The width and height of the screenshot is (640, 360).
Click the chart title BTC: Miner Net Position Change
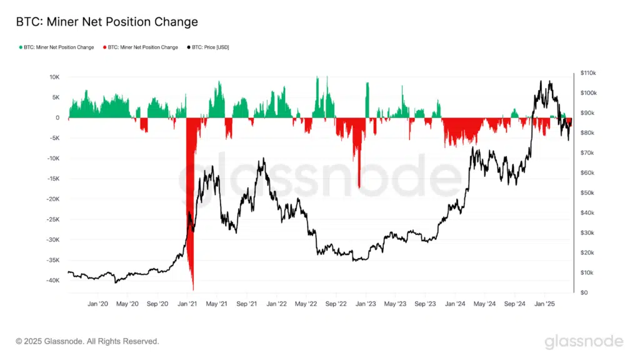pos(107,22)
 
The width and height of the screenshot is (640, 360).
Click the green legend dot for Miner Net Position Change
pos(21,47)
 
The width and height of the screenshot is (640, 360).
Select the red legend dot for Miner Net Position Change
pos(104,47)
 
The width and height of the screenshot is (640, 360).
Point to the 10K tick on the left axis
pos(54,77)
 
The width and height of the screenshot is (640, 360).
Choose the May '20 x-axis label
pos(127,304)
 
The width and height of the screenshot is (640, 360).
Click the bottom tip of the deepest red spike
pos(193,289)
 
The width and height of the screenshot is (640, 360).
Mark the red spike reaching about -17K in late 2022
pos(359,186)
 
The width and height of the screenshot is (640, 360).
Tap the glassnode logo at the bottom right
pos(583,341)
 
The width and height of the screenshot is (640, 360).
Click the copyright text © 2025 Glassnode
pos(87,341)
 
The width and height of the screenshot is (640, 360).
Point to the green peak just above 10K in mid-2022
pos(317,77)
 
